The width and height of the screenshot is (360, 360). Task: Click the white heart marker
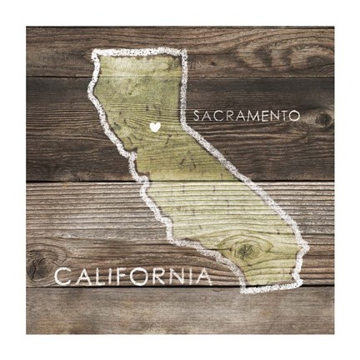[x=154, y=127]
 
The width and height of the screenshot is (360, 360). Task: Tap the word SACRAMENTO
[x=246, y=117]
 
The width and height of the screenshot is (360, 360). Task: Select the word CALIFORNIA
[x=133, y=277]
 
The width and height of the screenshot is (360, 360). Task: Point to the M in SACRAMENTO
[x=245, y=117]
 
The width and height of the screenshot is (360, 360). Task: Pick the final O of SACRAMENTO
[x=294, y=117]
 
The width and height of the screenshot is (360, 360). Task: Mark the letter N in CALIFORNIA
[x=181, y=277]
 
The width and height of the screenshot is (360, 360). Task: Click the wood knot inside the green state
[x=244, y=248]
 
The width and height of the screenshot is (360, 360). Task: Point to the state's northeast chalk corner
[x=183, y=53]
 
